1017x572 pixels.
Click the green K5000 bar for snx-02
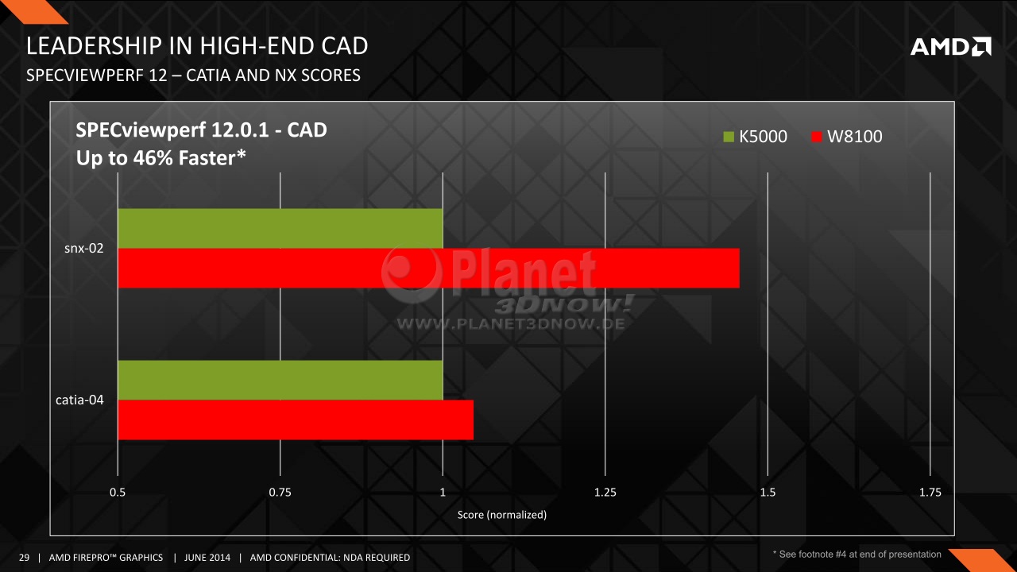(x=280, y=228)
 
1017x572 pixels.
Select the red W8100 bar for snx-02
(x=428, y=268)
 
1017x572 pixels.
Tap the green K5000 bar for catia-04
(x=280, y=380)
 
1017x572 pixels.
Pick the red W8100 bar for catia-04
(x=296, y=420)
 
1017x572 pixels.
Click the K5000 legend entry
(x=755, y=136)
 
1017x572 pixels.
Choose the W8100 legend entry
(x=847, y=136)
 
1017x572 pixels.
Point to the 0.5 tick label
(x=118, y=492)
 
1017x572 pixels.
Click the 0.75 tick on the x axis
(x=280, y=492)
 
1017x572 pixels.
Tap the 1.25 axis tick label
(x=605, y=492)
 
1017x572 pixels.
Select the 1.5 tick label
(x=768, y=492)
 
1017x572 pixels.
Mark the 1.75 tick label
(x=930, y=492)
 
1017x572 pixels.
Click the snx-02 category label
(x=84, y=249)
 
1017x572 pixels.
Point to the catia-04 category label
(x=79, y=400)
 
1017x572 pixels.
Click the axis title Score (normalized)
(x=501, y=515)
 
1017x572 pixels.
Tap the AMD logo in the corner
(x=951, y=47)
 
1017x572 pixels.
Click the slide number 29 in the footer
(x=24, y=558)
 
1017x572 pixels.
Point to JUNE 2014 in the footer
(x=207, y=558)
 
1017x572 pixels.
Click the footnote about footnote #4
(x=857, y=555)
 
